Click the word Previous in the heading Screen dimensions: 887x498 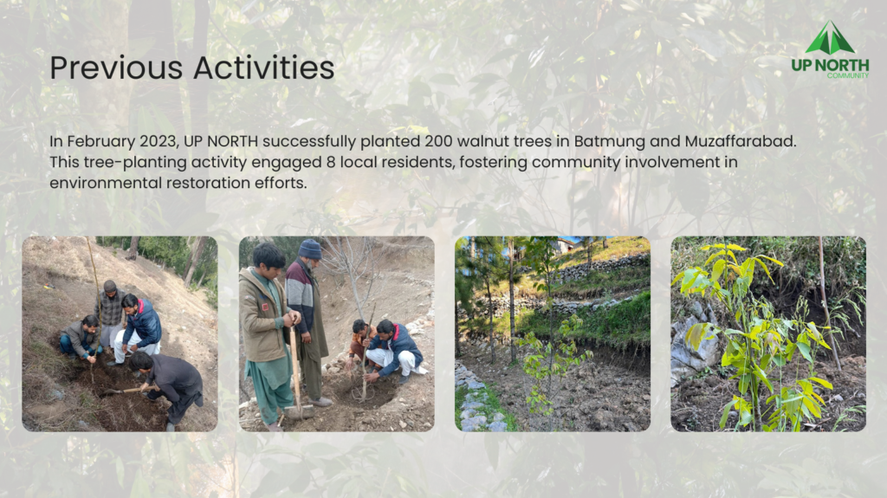tap(116, 68)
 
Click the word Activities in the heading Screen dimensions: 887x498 tap(263, 68)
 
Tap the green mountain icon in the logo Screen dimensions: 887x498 tap(830, 38)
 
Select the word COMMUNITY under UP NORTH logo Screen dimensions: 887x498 tap(847, 75)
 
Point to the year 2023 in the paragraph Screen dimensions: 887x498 tap(159, 141)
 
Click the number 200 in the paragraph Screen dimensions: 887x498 tap(438, 141)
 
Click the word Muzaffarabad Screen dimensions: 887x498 tap(740, 141)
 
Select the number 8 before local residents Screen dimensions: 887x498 tap(331, 163)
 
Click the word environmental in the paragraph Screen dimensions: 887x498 tap(106, 184)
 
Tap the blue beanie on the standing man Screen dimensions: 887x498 tap(309, 249)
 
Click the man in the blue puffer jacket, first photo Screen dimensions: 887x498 tap(139, 328)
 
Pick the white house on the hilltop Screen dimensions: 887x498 tap(564, 245)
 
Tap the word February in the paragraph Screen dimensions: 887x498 tap(101, 141)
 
